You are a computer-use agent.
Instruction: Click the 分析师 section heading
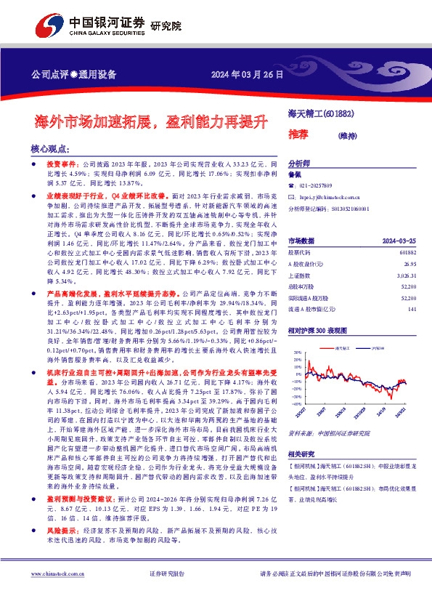(x=299, y=164)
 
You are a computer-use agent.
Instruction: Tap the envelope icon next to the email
(x=292, y=197)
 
